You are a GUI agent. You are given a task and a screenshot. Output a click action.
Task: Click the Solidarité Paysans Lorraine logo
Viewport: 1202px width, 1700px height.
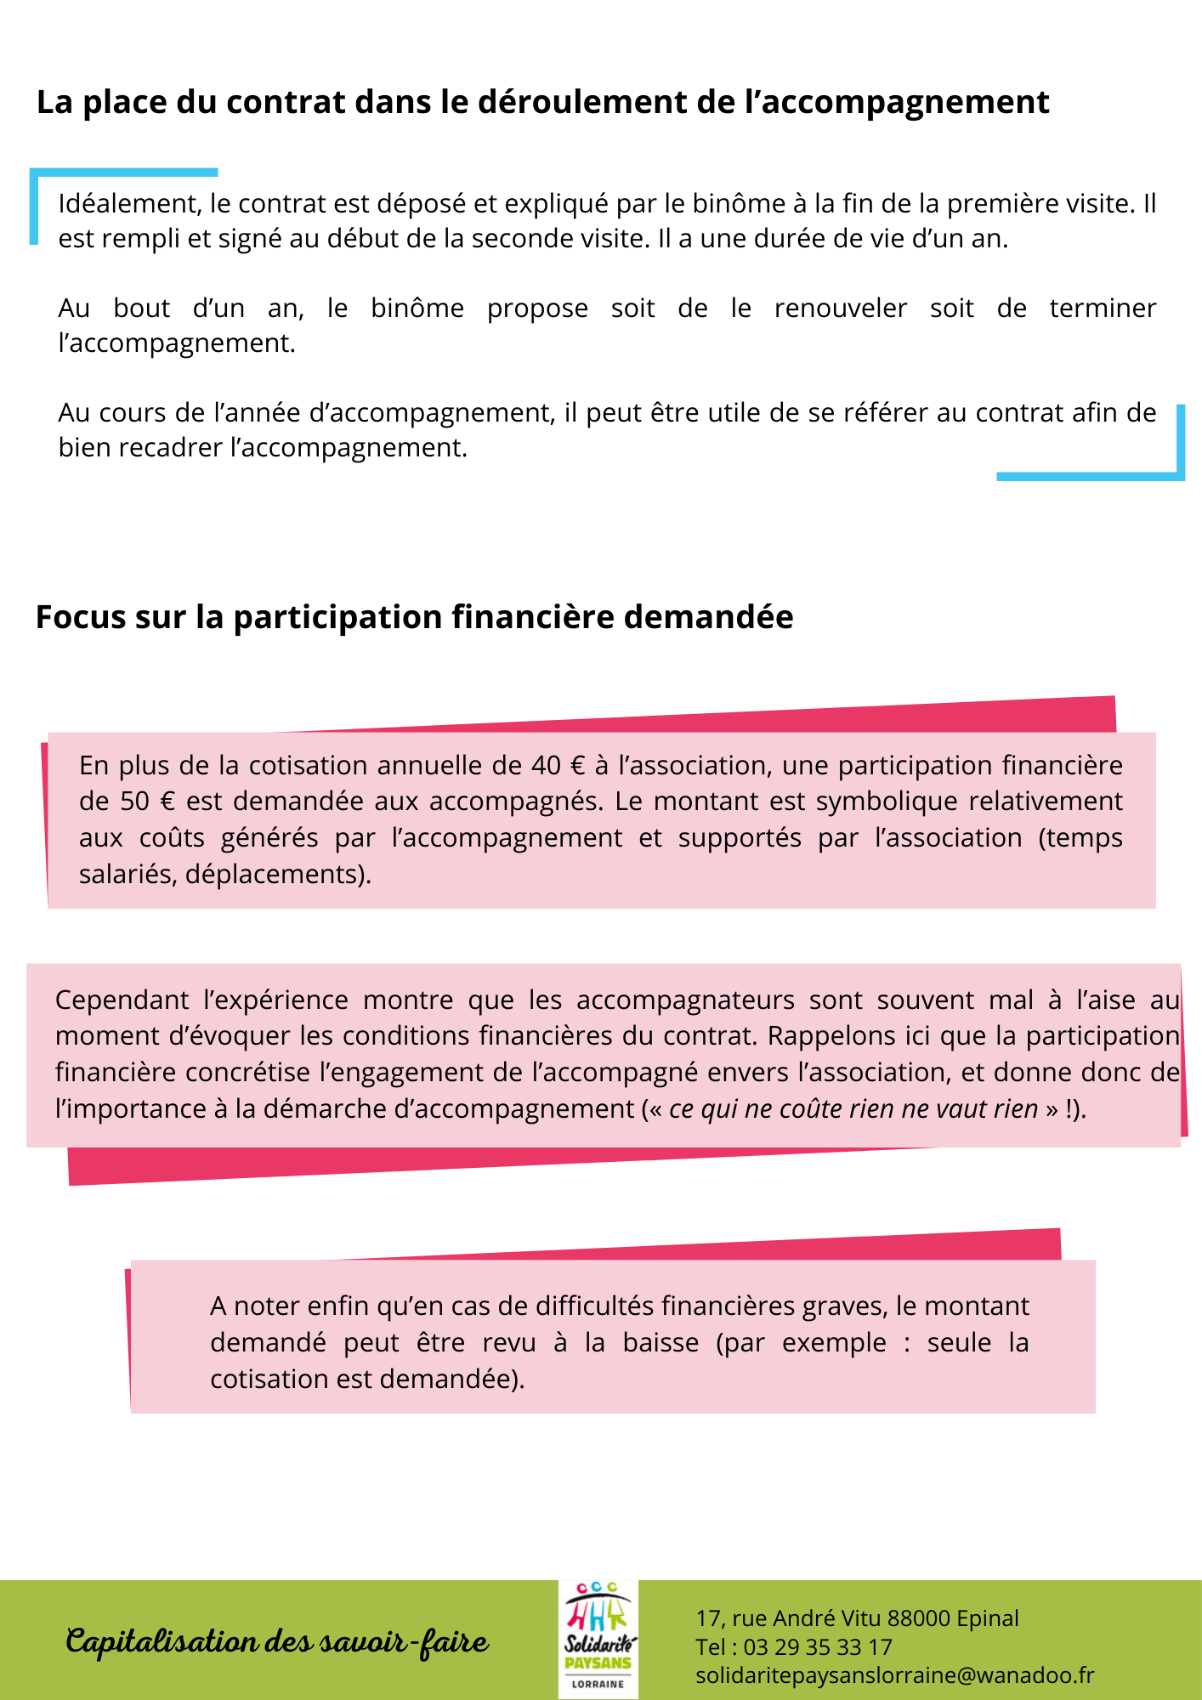pos(598,1640)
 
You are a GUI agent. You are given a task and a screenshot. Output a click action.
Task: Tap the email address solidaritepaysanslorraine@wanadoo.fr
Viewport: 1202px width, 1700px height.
pos(894,1674)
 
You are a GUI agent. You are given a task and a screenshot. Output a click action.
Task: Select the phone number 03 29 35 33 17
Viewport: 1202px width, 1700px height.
pos(818,1646)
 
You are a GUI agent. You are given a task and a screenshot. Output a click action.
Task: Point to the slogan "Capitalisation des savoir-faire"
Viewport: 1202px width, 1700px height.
pos(277,1641)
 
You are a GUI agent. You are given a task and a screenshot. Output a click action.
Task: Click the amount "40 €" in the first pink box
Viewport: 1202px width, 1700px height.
pos(558,766)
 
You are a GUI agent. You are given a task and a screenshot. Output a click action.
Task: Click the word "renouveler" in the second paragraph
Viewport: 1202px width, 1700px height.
pos(840,308)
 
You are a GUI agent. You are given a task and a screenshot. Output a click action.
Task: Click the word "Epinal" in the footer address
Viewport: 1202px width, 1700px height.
pos(987,1618)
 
